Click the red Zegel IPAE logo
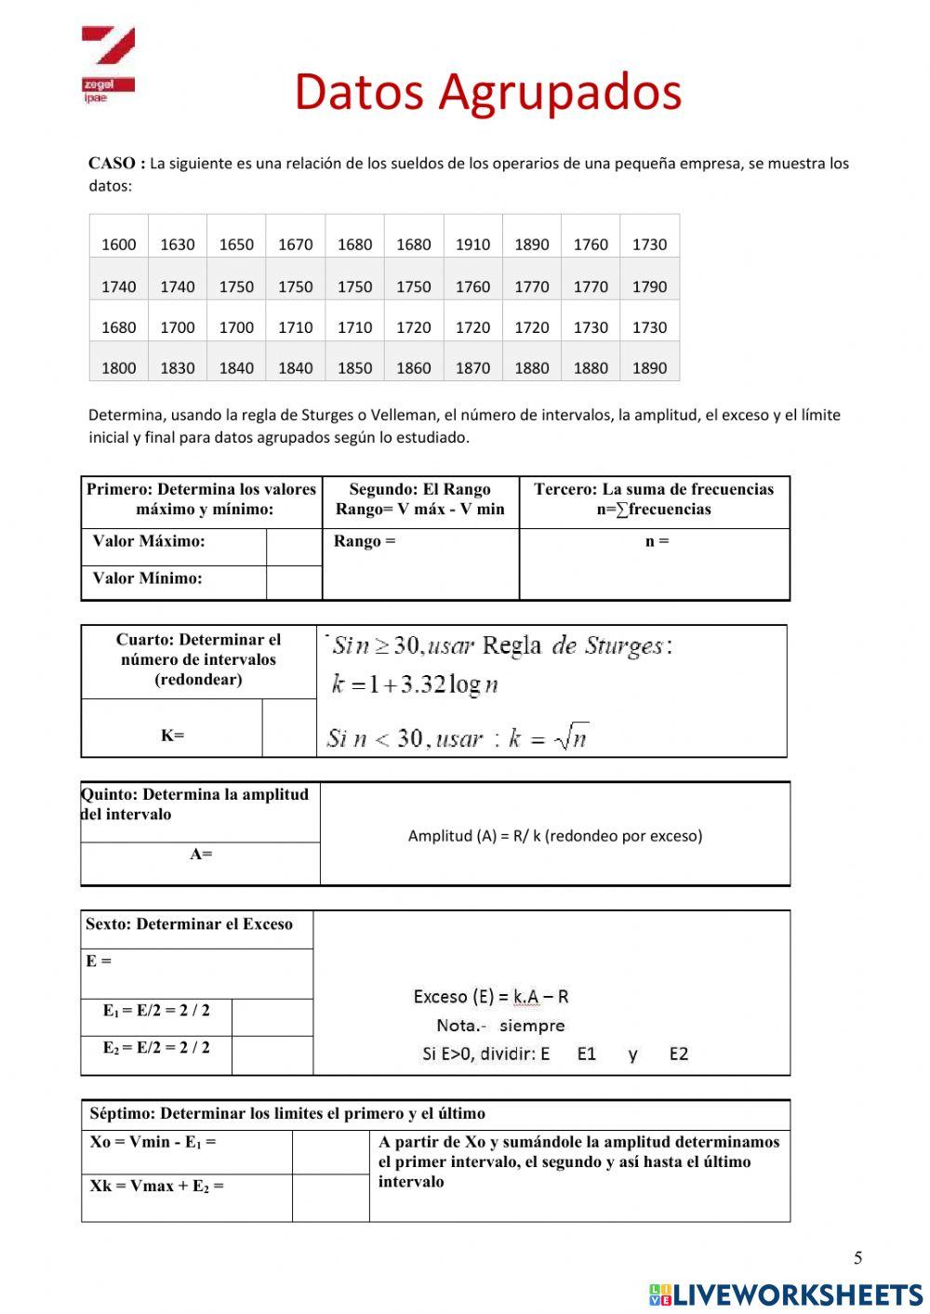click(108, 64)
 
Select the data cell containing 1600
click(118, 245)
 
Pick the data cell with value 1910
click(472, 245)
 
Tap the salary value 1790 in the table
click(649, 286)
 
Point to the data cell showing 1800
click(118, 368)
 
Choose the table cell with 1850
click(354, 368)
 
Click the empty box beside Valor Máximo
click(294, 547)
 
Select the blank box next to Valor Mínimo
click(294, 582)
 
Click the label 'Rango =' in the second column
click(365, 541)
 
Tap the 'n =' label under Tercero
click(657, 541)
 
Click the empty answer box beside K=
click(289, 728)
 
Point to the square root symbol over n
click(571, 737)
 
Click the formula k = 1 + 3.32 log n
click(415, 685)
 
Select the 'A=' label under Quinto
click(201, 854)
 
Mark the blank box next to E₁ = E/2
click(272, 1017)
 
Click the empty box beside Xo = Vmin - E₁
click(330, 1151)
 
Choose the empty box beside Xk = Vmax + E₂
click(330, 1198)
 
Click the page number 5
click(857, 1258)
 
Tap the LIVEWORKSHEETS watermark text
click(797, 1294)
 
